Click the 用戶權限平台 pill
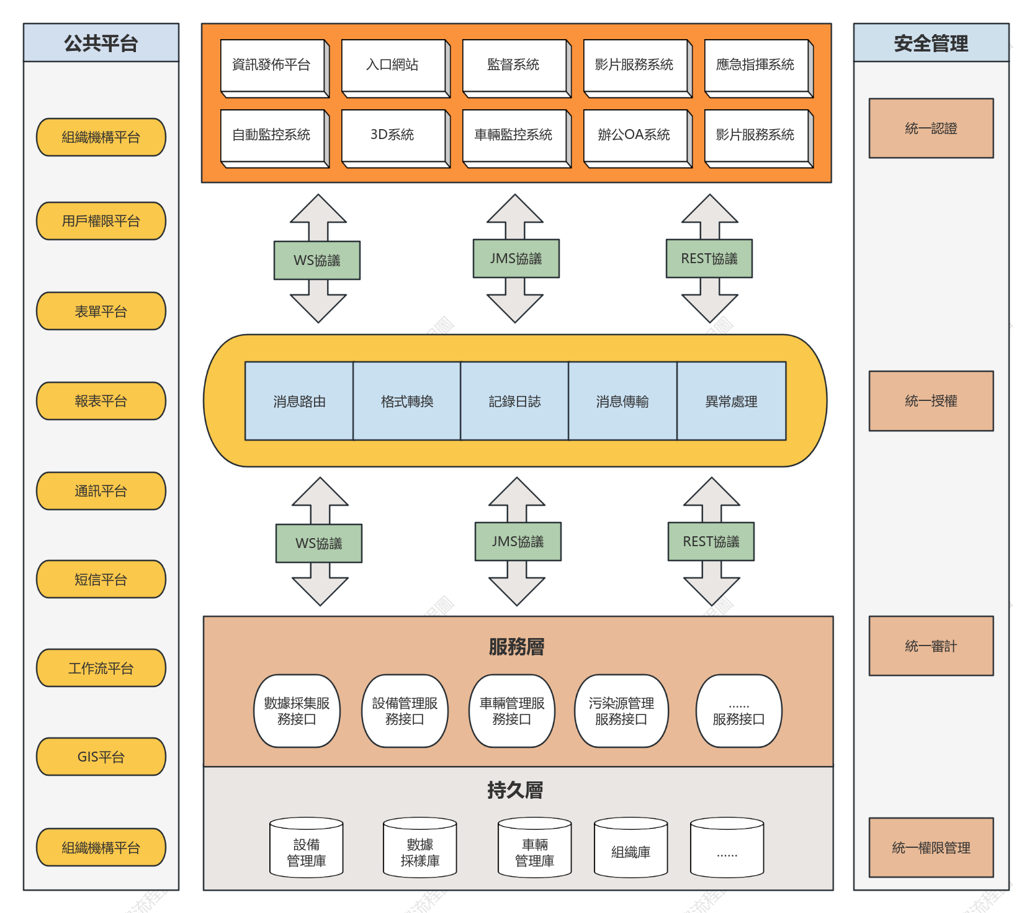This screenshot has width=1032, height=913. [x=101, y=221]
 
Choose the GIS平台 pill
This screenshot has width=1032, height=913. [x=101, y=757]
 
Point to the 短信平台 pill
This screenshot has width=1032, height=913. [x=101, y=579]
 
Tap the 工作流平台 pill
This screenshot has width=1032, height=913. [x=101, y=668]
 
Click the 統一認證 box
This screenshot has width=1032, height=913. [x=931, y=128]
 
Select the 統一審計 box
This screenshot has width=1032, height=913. [x=931, y=645]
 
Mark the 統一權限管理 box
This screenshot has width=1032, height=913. [x=931, y=847]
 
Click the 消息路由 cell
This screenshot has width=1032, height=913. [x=299, y=401]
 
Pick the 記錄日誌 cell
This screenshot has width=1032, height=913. [x=514, y=401]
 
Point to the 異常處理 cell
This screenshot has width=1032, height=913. [x=731, y=401]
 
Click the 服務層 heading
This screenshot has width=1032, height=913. [x=516, y=647]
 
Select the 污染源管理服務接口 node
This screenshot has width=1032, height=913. [x=621, y=711]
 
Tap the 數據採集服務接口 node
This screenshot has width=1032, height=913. [x=297, y=711]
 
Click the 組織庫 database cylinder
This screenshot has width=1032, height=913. [x=630, y=847]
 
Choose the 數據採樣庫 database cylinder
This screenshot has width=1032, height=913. [x=420, y=847]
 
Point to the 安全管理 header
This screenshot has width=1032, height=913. [x=931, y=43]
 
